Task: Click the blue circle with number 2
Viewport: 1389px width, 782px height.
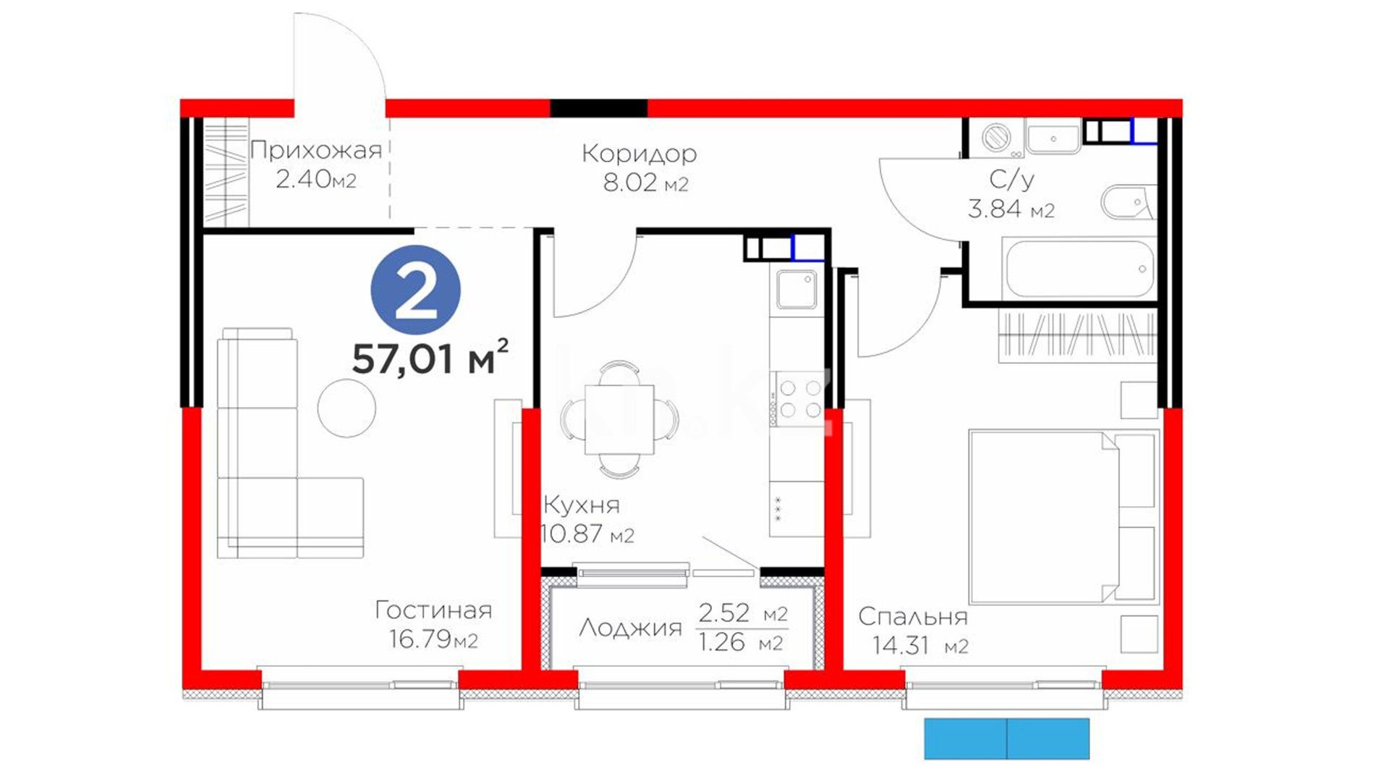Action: pos(415,290)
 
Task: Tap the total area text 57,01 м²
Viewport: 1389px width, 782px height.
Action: pos(430,357)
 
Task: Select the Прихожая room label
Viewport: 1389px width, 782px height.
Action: pos(315,150)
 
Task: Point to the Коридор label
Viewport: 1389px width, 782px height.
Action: pos(639,154)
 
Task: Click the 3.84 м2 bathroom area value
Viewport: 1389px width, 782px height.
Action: pos(1011,209)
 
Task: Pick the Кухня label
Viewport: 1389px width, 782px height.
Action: pos(582,505)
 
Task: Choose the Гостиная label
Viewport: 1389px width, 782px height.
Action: pos(433,610)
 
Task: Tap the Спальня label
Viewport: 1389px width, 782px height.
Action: pos(913,617)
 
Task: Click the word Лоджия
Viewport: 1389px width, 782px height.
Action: pos(630,627)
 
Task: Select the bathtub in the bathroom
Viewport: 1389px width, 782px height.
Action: pos(1080,269)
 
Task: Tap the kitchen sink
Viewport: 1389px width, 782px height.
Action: pos(797,289)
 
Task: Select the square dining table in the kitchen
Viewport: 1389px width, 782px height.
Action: pos(619,419)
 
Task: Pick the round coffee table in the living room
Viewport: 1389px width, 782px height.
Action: pos(347,408)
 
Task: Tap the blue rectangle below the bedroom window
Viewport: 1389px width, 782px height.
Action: pos(1007,739)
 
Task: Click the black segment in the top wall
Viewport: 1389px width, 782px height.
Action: pos(599,108)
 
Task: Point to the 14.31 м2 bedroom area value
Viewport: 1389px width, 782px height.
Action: pos(919,645)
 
